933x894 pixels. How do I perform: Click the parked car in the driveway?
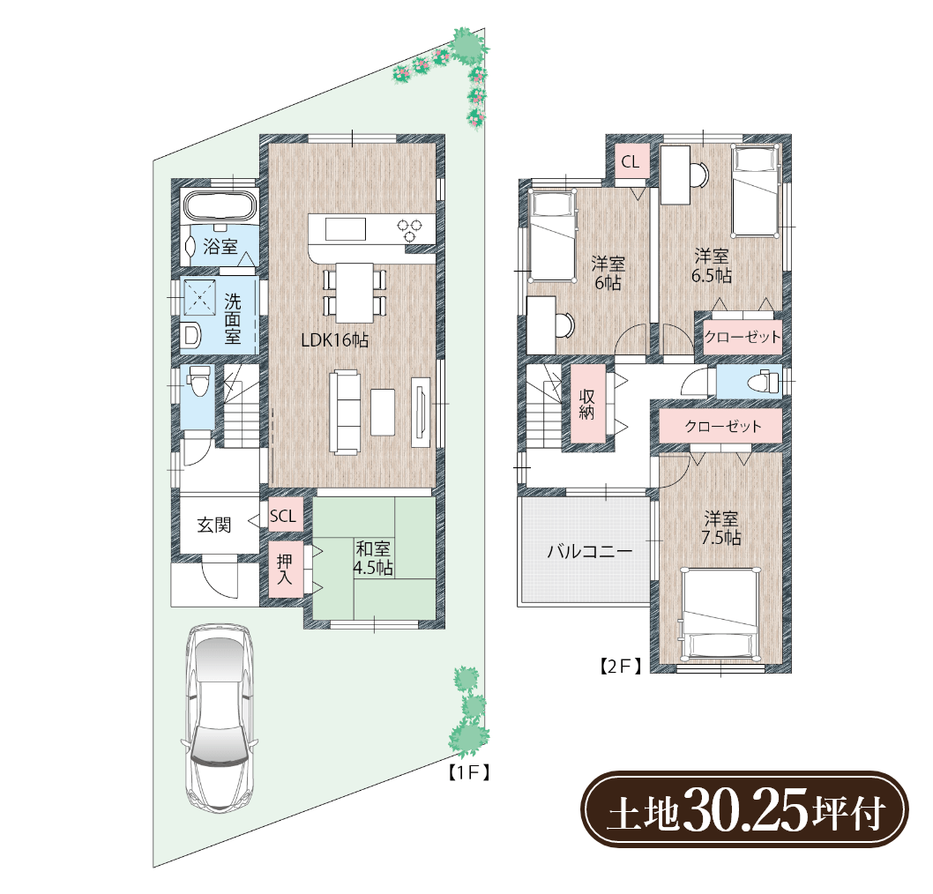click(220, 717)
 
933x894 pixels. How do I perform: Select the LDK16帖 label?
click(334, 340)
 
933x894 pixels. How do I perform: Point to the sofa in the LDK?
click(346, 413)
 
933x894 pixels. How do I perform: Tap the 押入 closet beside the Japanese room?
click(285, 570)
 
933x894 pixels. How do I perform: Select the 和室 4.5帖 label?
click(373, 558)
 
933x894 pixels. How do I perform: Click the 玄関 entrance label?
click(214, 525)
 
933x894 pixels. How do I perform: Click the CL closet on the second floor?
click(631, 161)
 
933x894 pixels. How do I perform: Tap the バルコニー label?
click(589, 551)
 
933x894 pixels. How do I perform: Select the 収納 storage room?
click(588, 404)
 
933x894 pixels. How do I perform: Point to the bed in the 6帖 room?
click(553, 235)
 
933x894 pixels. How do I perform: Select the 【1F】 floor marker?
click(468, 772)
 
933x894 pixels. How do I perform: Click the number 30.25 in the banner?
click(746, 810)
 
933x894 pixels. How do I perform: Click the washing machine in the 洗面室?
click(198, 295)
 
